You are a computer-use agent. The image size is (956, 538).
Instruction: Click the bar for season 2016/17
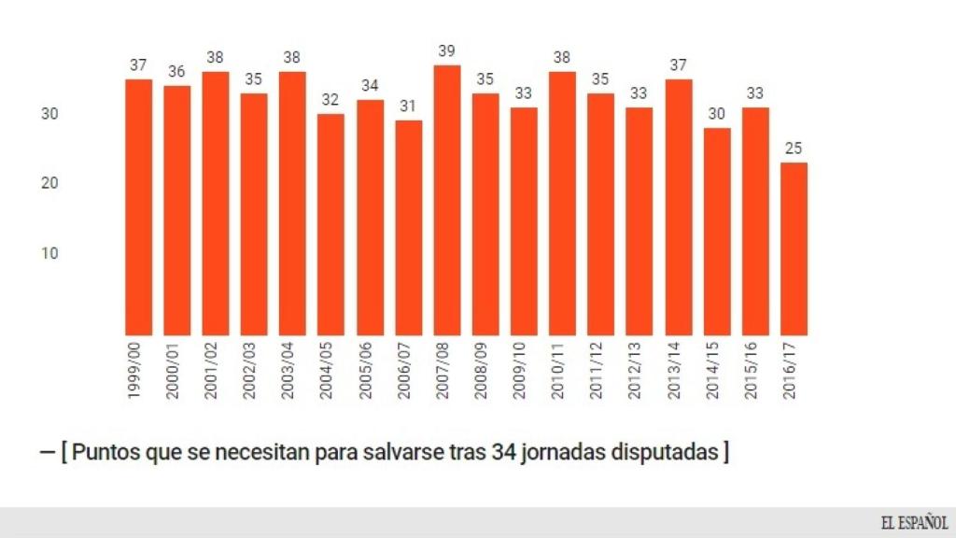pyautogui.click(x=794, y=248)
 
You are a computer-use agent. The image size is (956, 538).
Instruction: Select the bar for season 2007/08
pyautogui.click(x=447, y=200)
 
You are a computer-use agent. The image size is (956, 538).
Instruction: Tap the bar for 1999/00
pyautogui.click(x=139, y=206)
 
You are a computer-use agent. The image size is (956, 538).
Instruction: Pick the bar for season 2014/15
pyautogui.click(x=717, y=232)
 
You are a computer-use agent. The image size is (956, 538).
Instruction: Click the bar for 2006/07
pyautogui.click(x=409, y=228)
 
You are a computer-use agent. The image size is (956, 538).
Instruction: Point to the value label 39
pyautogui.click(x=447, y=51)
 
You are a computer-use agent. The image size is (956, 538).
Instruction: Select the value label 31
pyautogui.click(x=409, y=106)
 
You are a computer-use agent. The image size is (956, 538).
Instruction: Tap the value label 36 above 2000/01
pyautogui.click(x=177, y=72)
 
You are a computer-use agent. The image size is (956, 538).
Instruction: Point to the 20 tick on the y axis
pyautogui.click(x=49, y=183)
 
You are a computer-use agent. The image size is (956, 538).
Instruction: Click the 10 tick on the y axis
pyautogui.click(x=49, y=253)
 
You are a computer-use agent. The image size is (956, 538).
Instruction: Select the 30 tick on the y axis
pyautogui.click(x=49, y=114)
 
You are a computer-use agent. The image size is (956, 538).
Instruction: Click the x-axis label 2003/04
pyautogui.click(x=291, y=373)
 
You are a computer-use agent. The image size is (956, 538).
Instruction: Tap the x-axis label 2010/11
pyautogui.click(x=562, y=373)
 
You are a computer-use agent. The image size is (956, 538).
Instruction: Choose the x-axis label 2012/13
pyautogui.click(x=639, y=373)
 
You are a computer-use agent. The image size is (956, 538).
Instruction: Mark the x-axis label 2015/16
pyautogui.click(x=754, y=373)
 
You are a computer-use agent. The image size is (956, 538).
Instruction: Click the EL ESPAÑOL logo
pyautogui.click(x=913, y=522)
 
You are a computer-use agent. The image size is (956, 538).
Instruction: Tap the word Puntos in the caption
pyautogui.click(x=103, y=453)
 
